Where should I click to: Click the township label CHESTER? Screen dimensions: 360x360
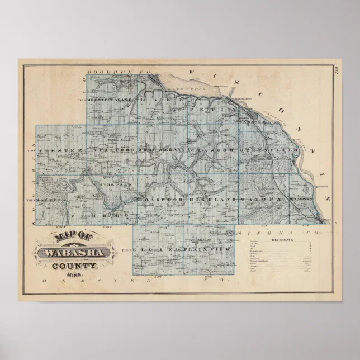point(60,151)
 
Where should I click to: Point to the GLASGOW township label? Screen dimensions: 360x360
point(212,151)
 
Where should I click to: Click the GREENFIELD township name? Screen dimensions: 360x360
point(261,151)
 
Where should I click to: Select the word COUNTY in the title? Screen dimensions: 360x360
point(74,266)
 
